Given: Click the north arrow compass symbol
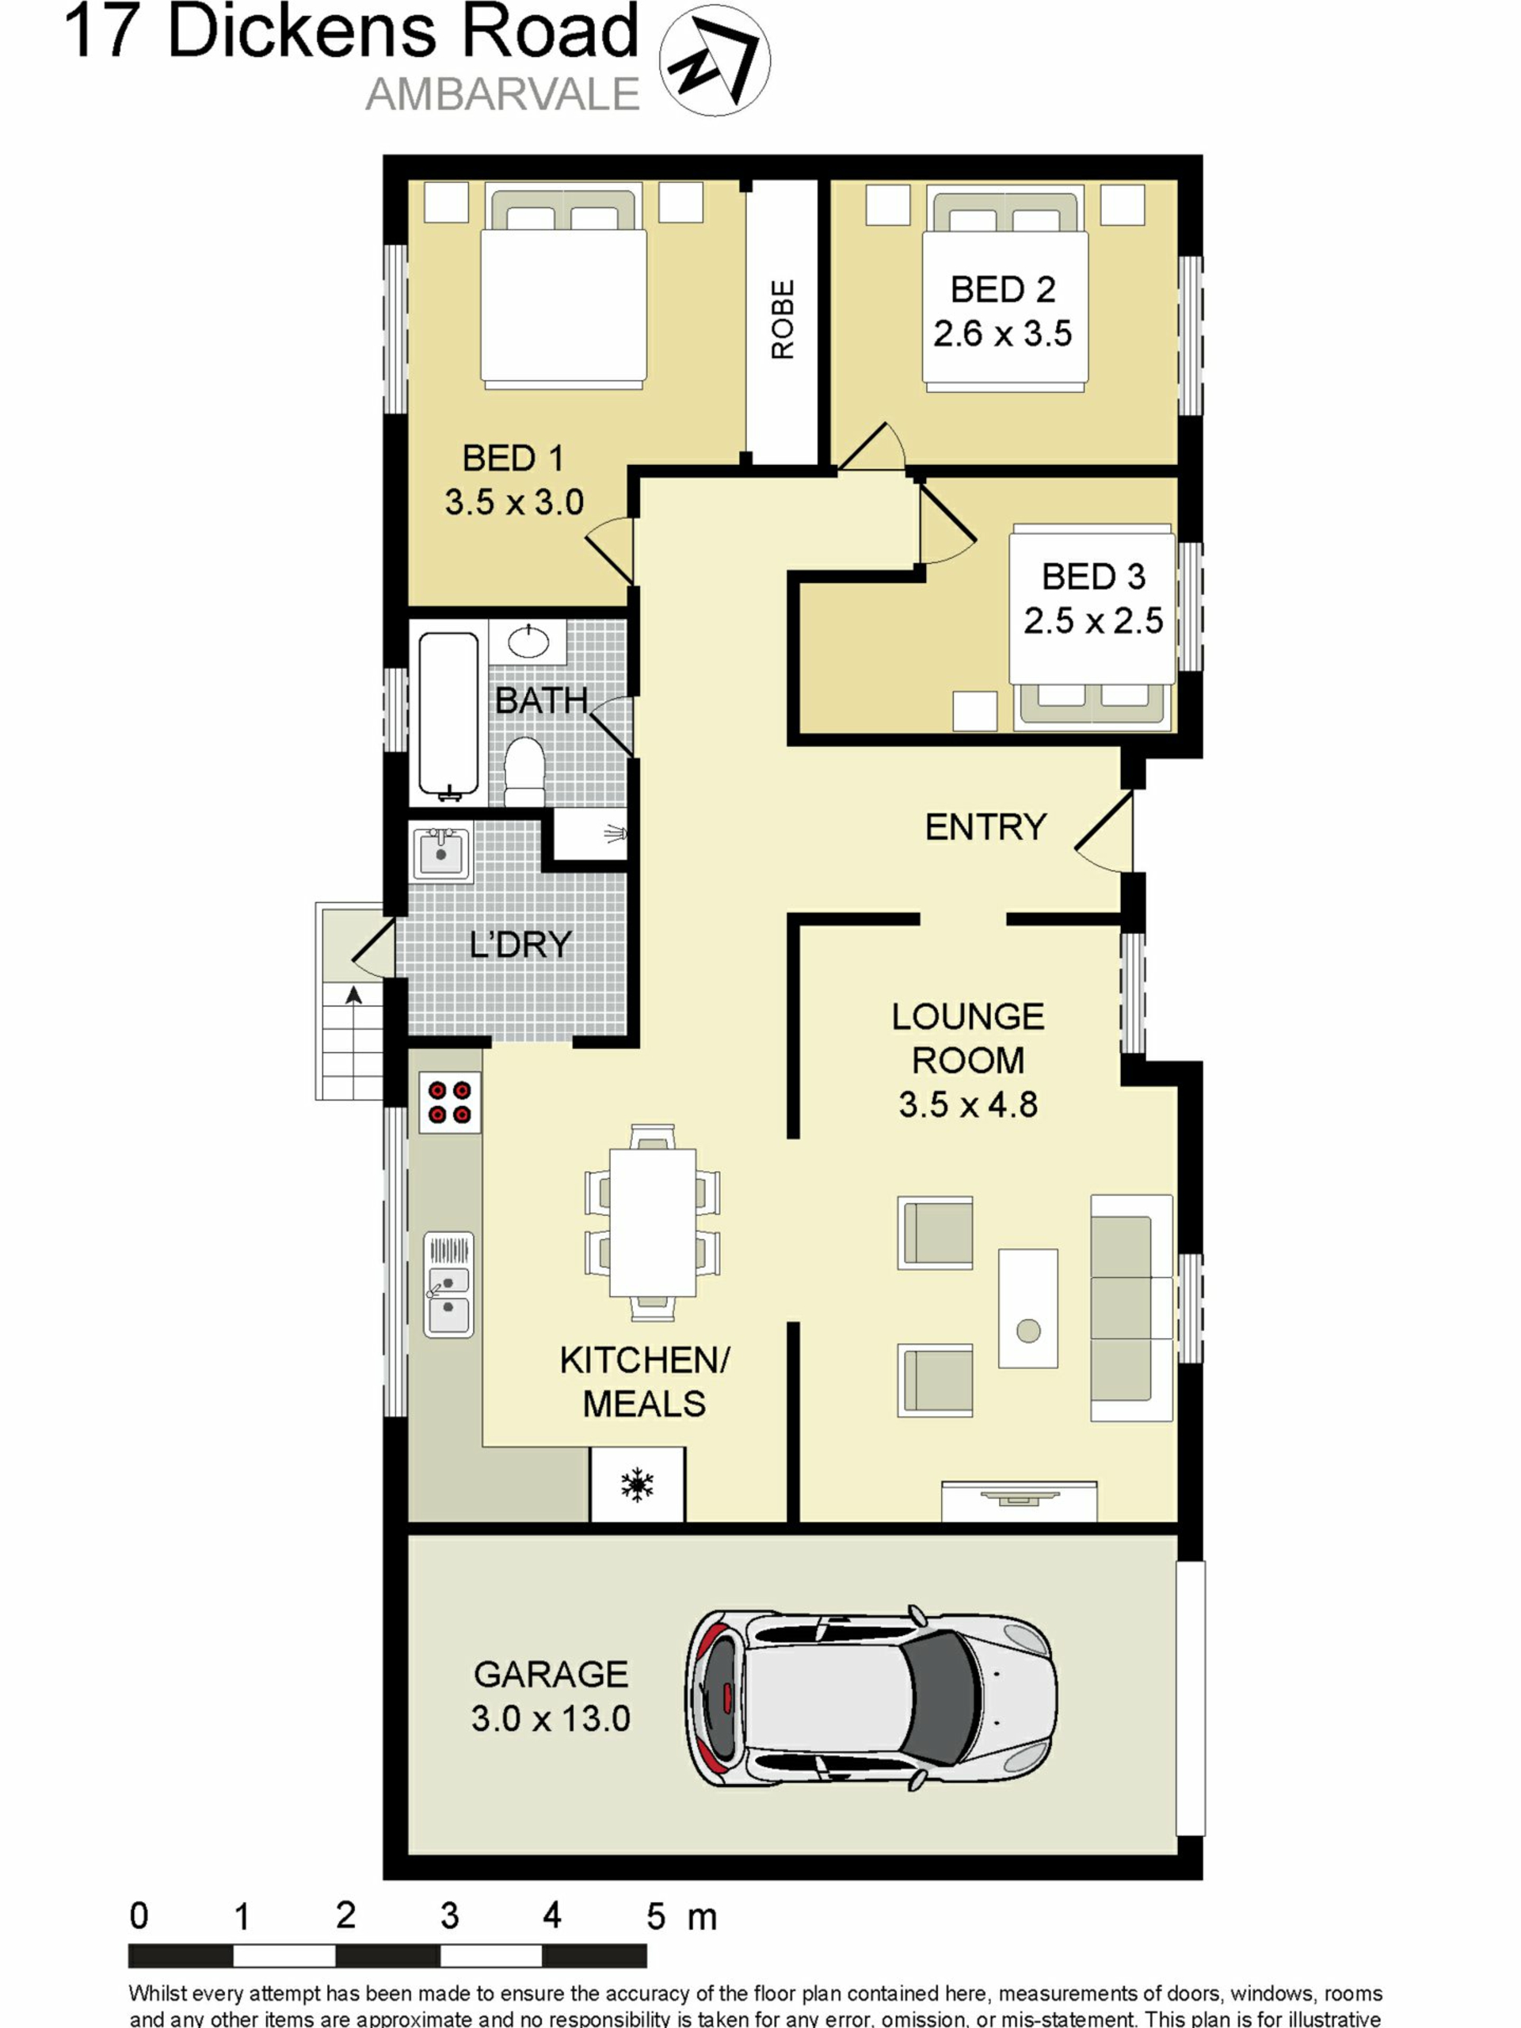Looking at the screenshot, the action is (x=715, y=60).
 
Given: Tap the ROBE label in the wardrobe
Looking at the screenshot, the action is (x=782, y=320).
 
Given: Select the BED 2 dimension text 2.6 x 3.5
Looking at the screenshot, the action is (x=1002, y=334).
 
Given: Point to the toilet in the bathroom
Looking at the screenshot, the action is (x=525, y=771).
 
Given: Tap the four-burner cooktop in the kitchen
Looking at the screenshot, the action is (x=449, y=1103).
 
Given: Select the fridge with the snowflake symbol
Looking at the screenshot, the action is (x=636, y=1485).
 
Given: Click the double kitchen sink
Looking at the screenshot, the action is (x=448, y=1284).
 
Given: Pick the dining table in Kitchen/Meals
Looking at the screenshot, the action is (x=652, y=1222).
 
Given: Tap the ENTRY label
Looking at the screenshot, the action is (x=985, y=827).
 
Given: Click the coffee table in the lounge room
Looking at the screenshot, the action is (x=1027, y=1309).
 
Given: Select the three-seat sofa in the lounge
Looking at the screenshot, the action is (x=1131, y=1309).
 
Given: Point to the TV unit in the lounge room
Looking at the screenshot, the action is (x=1019, y=1501).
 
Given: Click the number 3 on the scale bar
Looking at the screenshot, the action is (x=449, y=1916).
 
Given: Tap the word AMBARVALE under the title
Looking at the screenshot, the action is (x=502, y=94).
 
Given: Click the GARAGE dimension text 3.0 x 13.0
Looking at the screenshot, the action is (x=551, y=1718).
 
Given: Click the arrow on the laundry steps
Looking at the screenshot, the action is (x=354, y=995).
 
